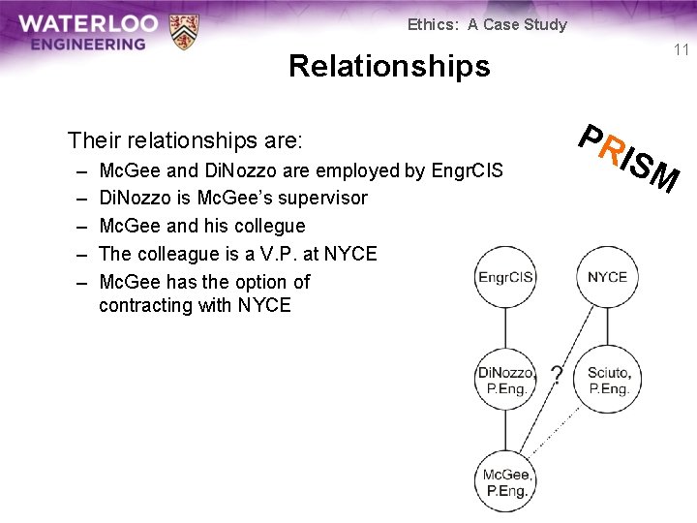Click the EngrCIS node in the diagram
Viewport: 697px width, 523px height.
506,278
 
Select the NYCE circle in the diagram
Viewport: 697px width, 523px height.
607,278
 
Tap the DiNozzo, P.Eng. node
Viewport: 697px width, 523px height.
505,381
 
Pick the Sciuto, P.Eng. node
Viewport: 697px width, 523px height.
608,381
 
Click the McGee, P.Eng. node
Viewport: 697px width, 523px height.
506,481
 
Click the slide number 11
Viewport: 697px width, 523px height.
681,50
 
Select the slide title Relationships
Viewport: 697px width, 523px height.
389,66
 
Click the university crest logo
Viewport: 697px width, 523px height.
183,31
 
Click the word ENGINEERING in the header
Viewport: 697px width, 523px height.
87,44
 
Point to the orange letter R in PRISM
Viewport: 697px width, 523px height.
610,151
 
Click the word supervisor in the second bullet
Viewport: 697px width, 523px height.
320,198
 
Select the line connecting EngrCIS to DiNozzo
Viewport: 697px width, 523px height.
506,329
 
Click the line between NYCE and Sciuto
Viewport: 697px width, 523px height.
607,329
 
